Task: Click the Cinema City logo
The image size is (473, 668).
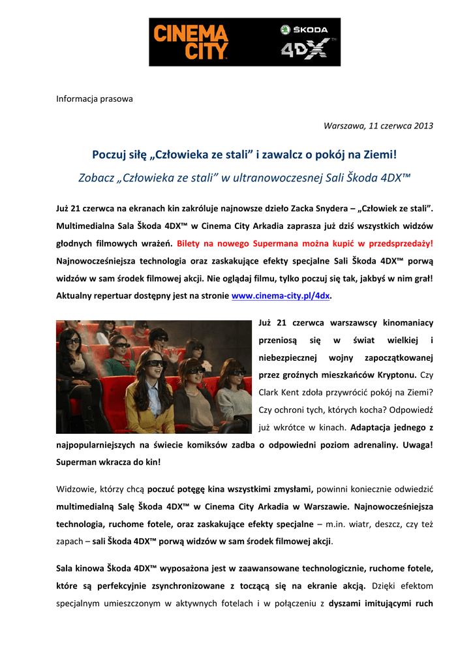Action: click(190, 42)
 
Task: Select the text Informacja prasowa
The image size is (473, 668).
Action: click(94, 99)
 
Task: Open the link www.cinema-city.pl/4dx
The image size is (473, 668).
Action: click(281, 296)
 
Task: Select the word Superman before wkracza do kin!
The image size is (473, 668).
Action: click(76, 461)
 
